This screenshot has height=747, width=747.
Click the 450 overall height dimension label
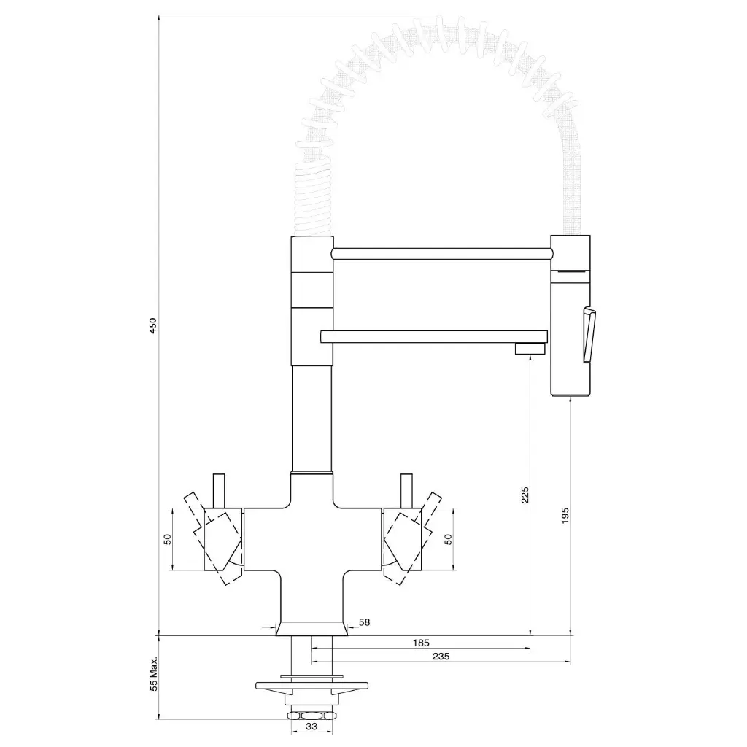tap(152, 325)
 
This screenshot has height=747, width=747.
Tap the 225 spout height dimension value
tap(525, 495)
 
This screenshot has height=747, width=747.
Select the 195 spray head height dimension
tap(566, 515)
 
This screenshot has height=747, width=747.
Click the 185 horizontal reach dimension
tap(421, 643)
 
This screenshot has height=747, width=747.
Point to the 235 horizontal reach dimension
tap(441, 657)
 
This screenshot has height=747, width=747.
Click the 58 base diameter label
tap(365, 622)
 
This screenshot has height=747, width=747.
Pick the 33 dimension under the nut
tap(311, 727)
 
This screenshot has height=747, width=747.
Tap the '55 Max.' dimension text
tap(153, 673)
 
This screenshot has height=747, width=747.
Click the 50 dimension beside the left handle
tap(167, 539)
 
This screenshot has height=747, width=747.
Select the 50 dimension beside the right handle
tap(449, 539)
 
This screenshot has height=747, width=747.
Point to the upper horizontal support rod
tap(441, 253)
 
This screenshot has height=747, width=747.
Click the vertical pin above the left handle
tap(217, 489)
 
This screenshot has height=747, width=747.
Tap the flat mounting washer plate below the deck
tap(312, 686)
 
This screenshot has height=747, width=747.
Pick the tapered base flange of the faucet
tap(312, 629)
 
